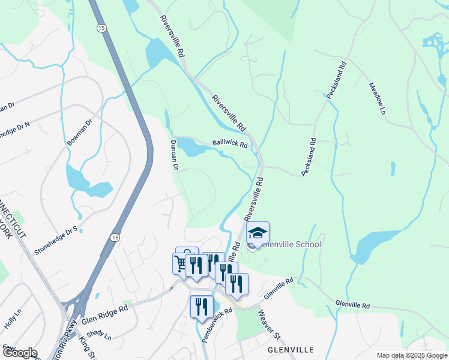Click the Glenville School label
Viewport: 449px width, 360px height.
click(291, 244)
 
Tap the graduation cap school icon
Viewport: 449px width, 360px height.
click(257, 233)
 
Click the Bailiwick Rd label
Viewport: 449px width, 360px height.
click(230, 145)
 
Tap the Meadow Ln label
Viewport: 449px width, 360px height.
click(376, 98)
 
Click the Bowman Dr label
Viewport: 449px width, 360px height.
click(80, 133)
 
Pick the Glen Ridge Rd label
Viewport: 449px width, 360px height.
click(106, 315)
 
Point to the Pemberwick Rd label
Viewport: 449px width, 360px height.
click(217, 325)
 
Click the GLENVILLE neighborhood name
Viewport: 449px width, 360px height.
click(291, 349)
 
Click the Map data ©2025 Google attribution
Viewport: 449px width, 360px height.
click(412, 355)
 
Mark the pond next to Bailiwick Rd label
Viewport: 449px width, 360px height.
click(193, 147)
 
